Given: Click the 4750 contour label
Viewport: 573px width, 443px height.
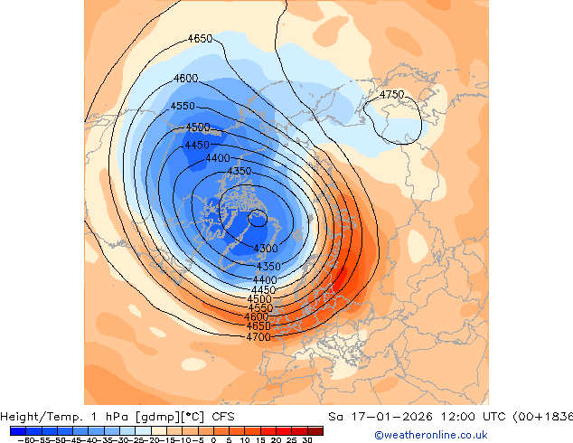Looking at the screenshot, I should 391,94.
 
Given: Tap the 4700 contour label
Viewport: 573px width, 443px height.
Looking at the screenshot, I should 258,337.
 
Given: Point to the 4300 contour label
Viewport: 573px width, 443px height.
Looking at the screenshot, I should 265,249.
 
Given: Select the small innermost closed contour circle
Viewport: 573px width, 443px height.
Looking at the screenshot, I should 258,217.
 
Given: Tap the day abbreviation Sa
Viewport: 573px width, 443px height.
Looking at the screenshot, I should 334,417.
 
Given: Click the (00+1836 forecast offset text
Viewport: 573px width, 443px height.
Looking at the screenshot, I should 541,417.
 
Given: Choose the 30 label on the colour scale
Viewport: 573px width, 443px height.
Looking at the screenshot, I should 308,440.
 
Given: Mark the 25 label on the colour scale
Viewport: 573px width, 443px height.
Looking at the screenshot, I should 292,440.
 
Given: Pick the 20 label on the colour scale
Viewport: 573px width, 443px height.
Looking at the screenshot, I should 277,440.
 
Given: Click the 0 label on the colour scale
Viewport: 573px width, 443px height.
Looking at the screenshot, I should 213,440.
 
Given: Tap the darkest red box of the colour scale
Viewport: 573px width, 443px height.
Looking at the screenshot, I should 315,430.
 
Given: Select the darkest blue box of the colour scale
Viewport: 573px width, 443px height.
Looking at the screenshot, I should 18,430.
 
